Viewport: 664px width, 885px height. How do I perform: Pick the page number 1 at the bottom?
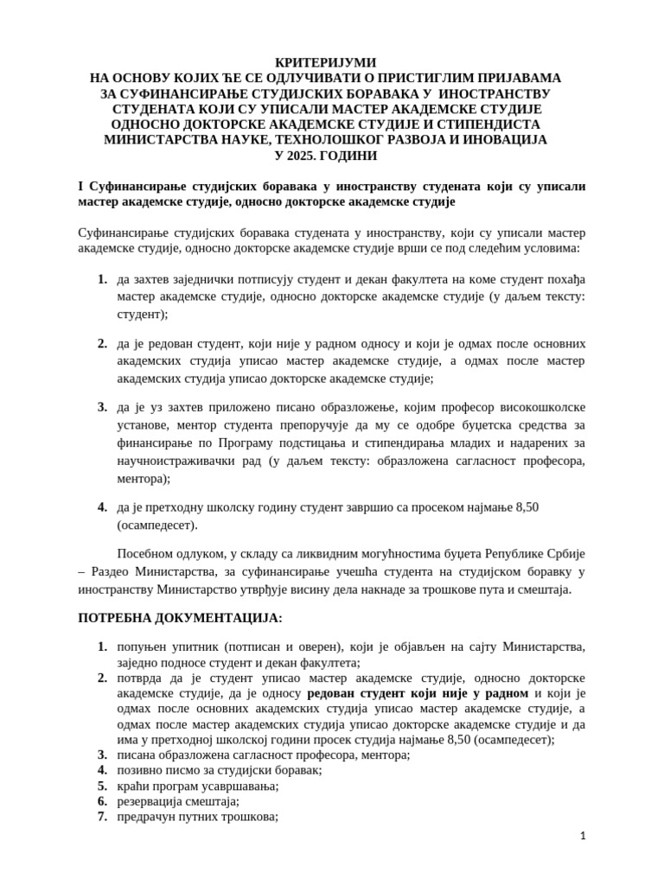point(583,836)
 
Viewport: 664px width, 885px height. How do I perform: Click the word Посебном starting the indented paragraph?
point(142,553)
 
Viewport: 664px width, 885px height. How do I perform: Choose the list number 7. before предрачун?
point(102,817)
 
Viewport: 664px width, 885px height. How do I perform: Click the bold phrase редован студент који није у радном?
point(418,693)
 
